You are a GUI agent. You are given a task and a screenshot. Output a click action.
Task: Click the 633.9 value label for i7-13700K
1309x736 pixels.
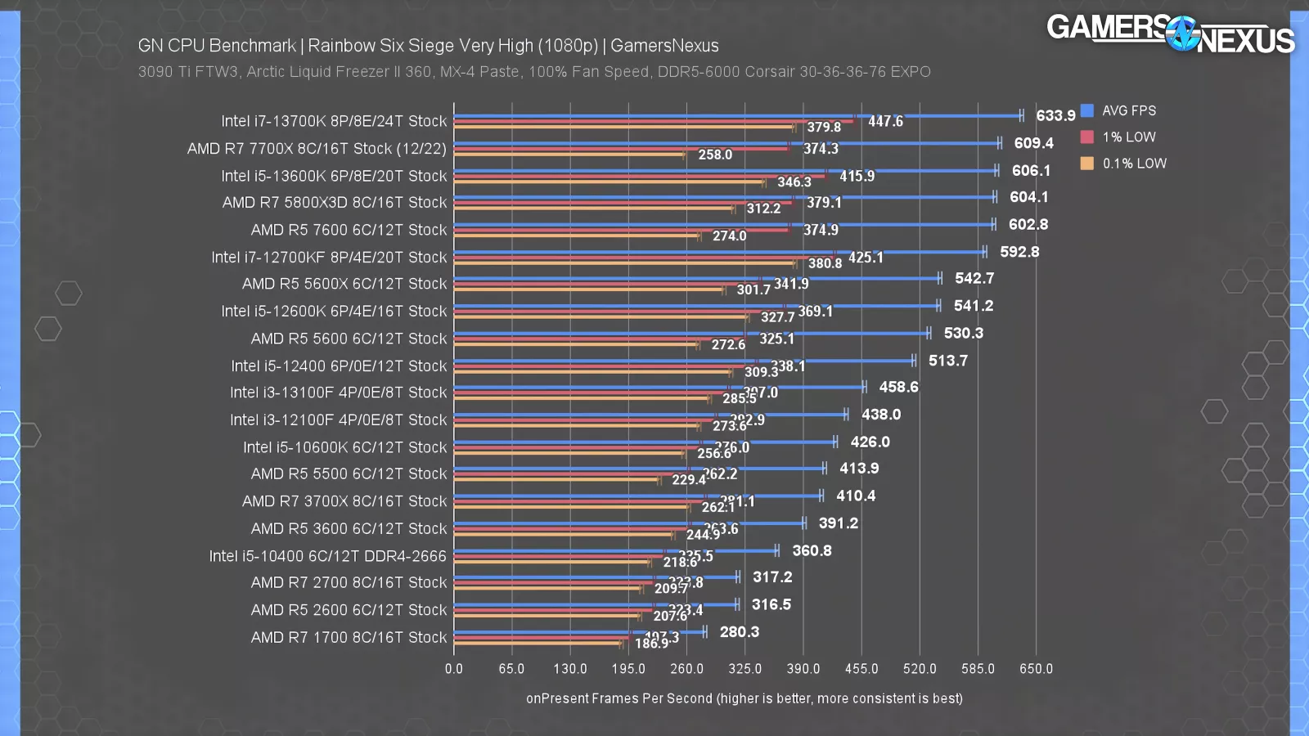(1055, 116)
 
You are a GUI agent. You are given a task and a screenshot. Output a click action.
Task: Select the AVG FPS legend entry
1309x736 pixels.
(1128, 110)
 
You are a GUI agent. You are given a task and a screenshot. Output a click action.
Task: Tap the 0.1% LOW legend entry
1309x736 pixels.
(1134, 164)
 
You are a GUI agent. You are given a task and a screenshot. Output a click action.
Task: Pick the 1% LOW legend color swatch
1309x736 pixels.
(1086, 137)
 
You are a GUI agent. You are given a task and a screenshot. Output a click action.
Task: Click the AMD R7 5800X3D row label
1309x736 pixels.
(335, 202)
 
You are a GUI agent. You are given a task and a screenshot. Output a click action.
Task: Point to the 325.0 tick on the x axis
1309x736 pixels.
(744, 669)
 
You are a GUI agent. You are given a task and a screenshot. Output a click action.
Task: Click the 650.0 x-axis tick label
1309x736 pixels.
(1036, 669)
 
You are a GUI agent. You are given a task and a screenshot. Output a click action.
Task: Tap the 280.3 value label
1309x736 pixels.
(739, 632)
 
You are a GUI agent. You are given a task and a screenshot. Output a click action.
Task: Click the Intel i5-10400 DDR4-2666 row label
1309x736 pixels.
(327, 556)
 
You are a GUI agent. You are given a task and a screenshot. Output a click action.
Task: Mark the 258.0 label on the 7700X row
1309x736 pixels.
(714, 155)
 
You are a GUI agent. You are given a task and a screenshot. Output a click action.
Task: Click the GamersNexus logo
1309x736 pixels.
(1170, 33)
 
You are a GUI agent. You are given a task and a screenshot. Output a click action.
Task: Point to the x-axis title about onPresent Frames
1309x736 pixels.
(744, 698)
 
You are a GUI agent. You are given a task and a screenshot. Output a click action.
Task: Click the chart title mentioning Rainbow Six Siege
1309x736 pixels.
(428, 46)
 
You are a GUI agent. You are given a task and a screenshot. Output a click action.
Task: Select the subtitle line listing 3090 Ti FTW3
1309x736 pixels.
(534, 72)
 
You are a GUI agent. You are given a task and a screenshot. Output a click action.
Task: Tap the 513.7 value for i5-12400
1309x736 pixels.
(947, 361)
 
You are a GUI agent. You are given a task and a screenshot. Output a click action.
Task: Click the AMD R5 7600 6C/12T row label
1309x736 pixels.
(349, 230)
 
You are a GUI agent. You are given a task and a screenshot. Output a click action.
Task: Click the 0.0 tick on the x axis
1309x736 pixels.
(454, 669)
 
